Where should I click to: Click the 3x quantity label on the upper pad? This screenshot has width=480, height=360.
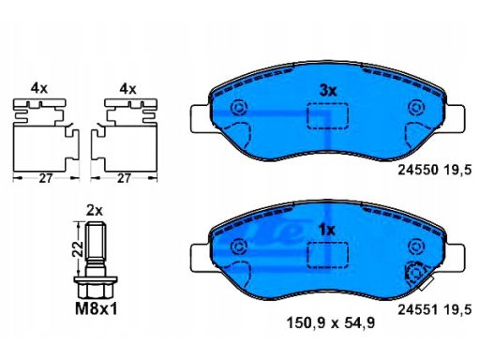[x=328, y=91]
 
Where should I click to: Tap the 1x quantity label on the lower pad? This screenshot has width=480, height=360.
[x=326, y=231]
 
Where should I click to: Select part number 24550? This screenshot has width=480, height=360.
[x=417, y=171]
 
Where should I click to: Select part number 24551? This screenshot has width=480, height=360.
[x=417, y=309]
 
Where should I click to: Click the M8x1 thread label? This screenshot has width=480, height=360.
[x=97, y=309]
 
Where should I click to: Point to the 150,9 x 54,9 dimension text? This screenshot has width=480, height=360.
[x=331, y=323]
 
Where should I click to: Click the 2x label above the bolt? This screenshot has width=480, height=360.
[x=95, y=211]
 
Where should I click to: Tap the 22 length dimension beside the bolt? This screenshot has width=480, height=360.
[x=78, y=249]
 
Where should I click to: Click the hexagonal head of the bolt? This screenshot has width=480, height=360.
[x=96, y=290]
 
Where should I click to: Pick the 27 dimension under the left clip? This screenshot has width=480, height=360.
[x=46, y=178]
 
